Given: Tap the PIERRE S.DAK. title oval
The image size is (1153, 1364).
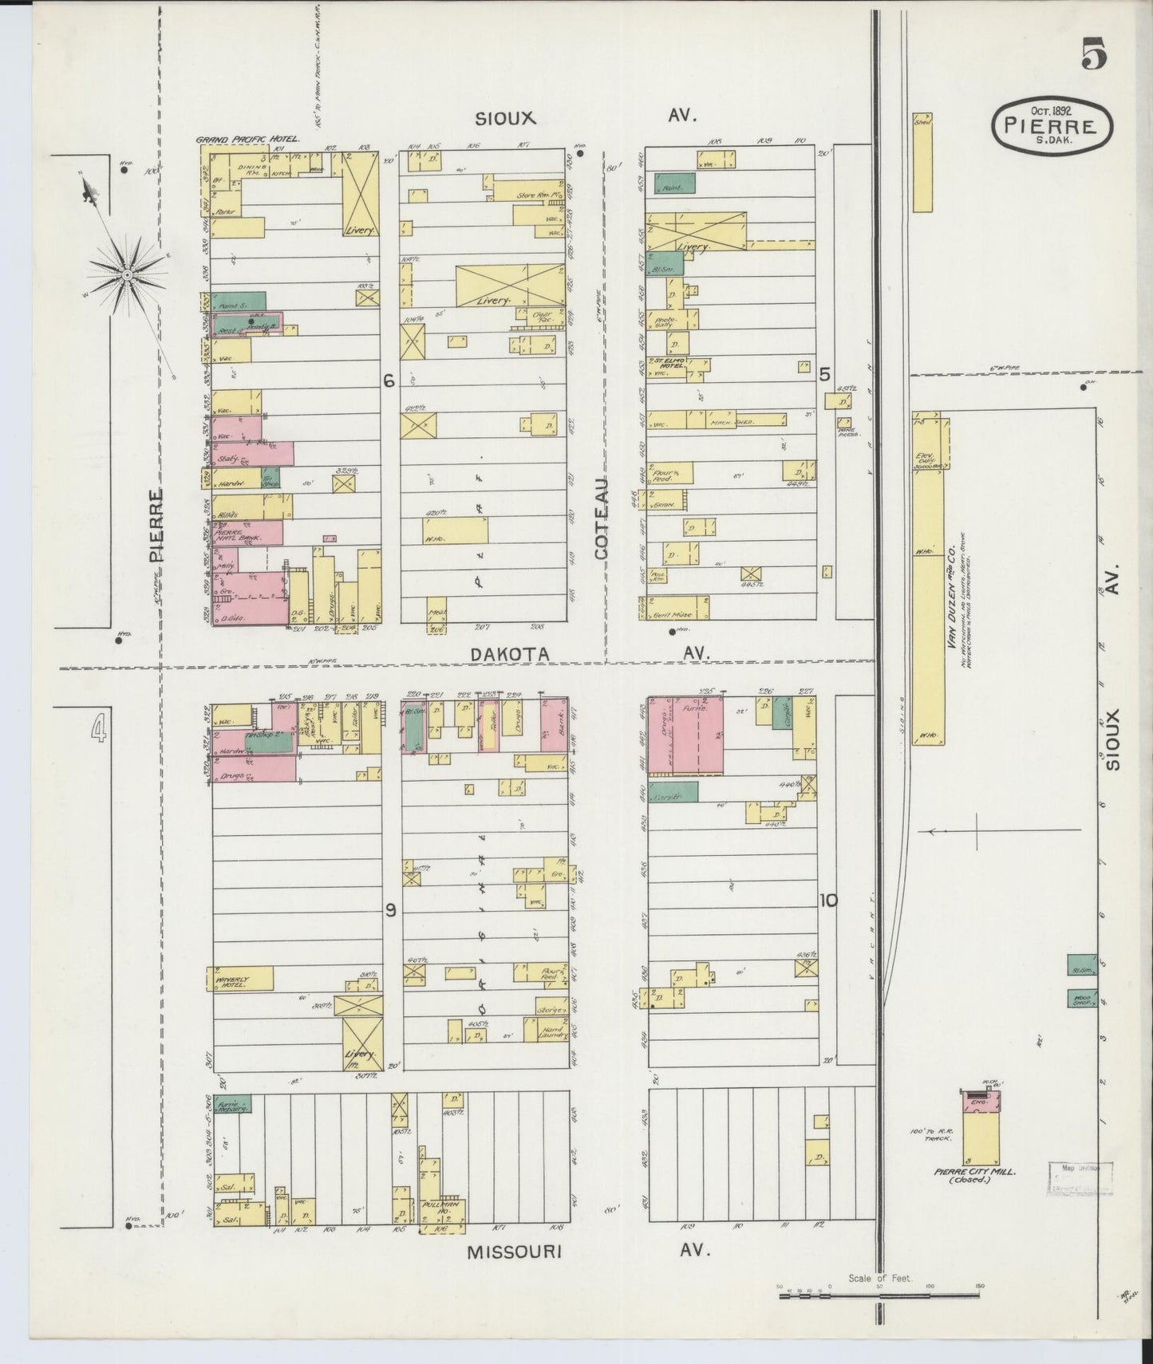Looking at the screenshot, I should click(1052, 124).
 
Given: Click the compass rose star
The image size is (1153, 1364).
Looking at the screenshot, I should click(126, 274).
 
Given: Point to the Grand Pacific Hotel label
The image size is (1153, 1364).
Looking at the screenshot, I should click(247, 140).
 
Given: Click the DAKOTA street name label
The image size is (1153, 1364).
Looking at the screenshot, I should click(509, 654).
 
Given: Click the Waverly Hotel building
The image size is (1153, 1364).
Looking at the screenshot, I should click(239, 979).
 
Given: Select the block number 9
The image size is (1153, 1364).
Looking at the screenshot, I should click(390, 911).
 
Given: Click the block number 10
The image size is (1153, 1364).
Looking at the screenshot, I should click(827, 901).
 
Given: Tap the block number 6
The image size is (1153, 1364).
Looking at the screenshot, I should click(389, 382).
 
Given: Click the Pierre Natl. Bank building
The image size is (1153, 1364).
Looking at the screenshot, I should click(247, 532).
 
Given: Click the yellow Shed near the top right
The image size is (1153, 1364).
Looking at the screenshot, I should click(922, 163).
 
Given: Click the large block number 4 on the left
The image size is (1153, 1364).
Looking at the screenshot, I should click(98, 728).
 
